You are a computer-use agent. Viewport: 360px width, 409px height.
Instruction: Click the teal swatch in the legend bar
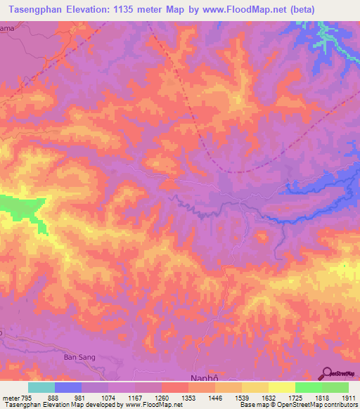(x=41, y=387)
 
